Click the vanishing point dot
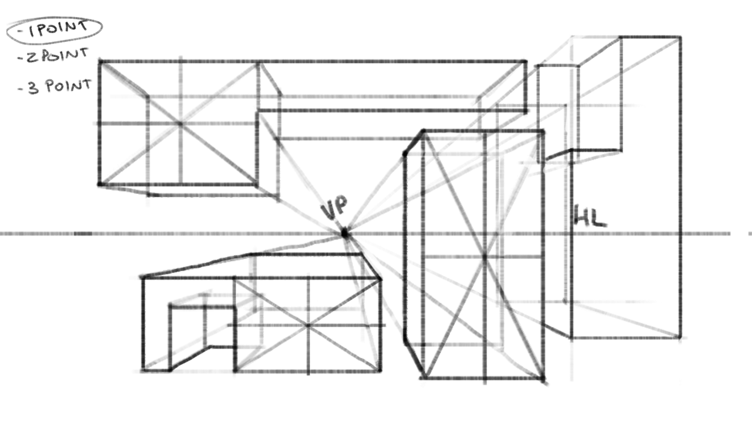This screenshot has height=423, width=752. click(x=344, y=234)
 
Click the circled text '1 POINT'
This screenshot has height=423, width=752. click(x=55, y=29)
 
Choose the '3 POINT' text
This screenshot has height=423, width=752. click(x=55, y=86)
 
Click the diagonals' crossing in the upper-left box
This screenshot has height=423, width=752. click(x=180, y=123)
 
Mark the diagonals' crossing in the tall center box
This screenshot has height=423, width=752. click(x=484, y=257)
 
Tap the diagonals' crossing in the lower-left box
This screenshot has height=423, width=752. click(x=307, y=325)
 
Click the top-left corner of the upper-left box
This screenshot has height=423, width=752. click(x=100, y=61)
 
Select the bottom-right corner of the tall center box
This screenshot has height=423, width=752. click(x=542, y=378)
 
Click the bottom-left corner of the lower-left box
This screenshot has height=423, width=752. click(x=143, y=370)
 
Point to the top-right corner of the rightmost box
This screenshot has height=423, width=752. click(x=680, y=37)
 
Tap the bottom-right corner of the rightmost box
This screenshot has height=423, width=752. click(x=680, y=338)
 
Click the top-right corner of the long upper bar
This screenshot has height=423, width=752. click(x=525, y=61)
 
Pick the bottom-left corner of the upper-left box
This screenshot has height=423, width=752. click(x=100, y=184)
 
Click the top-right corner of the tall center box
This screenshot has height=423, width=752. click(x=543, y=132)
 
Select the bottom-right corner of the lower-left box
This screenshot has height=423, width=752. click(x=380, y=371)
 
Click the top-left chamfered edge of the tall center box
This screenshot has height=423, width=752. click(x=414, y=143)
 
